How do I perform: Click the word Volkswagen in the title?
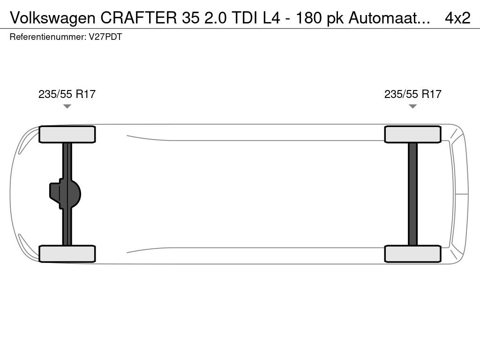point(52,18)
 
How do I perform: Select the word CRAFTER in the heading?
point(139,18)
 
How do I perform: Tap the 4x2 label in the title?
point(457,18)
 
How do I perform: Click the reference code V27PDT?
point(105,37)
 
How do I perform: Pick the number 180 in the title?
point(309,18)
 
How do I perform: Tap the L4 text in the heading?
point(272,18)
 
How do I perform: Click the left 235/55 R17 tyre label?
point(67,94)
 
